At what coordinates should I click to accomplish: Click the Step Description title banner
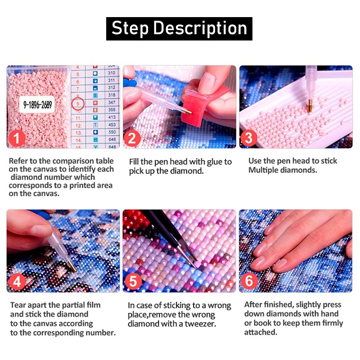[179, 28]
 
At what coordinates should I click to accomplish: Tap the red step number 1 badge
[17, 138]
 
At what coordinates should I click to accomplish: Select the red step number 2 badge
[132, 138]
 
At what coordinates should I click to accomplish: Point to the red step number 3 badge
[249, 138]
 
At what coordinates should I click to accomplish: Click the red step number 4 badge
[17, 282]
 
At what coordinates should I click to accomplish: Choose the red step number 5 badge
[133, 282]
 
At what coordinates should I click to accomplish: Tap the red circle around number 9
[78, 103]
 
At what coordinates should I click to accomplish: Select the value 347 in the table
[112, 103]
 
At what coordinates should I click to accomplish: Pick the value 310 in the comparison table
[112, 73]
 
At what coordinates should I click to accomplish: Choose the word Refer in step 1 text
[19, 161]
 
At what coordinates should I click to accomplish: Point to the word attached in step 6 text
[261, 332]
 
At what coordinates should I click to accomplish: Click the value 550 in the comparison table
[112, 132]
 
